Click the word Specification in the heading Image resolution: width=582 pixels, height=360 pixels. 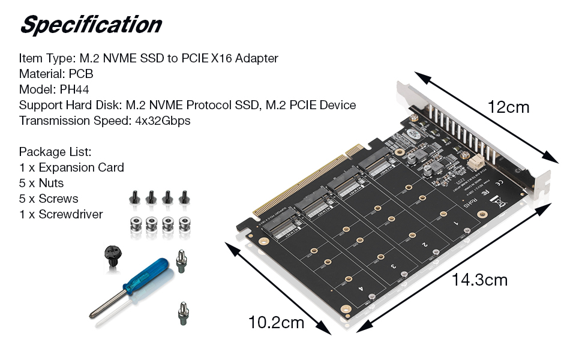(91, 25)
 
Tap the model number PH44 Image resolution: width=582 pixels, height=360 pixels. (76, 89)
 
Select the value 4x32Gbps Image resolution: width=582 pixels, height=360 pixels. (163, 121)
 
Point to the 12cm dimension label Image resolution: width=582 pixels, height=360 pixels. (508, 107)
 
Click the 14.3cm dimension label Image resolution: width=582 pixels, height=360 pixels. (479, 280)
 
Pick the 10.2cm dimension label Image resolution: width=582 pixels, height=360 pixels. (276, 322)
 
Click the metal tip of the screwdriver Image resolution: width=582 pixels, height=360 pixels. (96, 311)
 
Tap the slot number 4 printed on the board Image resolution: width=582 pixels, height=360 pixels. (361, 289)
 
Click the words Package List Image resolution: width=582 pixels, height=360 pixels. (55, 152)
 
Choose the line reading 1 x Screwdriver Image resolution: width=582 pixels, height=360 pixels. (61, 214)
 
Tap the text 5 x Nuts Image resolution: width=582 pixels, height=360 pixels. (41, 183)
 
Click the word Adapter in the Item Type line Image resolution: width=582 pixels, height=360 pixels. (256, 58)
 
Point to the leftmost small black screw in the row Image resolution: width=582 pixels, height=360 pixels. (134, 197)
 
